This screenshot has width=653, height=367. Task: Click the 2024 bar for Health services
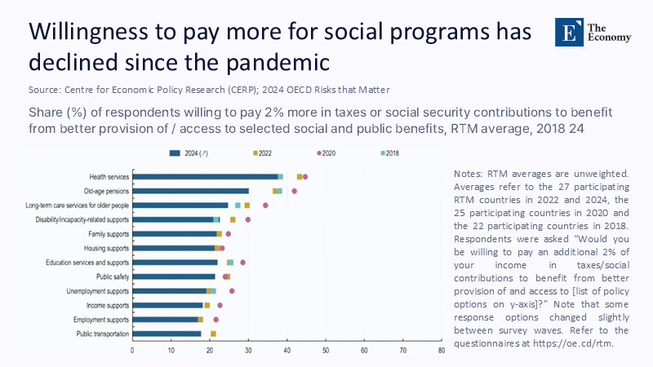(205, 176)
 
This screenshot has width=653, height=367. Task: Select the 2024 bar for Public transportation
(167, 334)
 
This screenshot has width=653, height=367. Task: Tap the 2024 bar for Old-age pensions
(190, 191)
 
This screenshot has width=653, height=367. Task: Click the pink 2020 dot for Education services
(243, 263)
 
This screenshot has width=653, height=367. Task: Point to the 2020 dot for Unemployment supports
(232, 291)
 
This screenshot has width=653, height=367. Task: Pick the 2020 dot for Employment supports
(216, 320)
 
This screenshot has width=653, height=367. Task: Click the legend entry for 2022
(265, 153)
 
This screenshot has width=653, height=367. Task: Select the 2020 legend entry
(327, 153)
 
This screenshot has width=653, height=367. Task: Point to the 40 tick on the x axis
(287, 350)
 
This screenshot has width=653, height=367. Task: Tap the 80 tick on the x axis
(441, 350)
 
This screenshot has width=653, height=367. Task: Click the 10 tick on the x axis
(171, 350)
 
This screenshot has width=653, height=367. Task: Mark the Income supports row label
(107, 305)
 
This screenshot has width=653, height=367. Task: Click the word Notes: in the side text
(466, 174)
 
